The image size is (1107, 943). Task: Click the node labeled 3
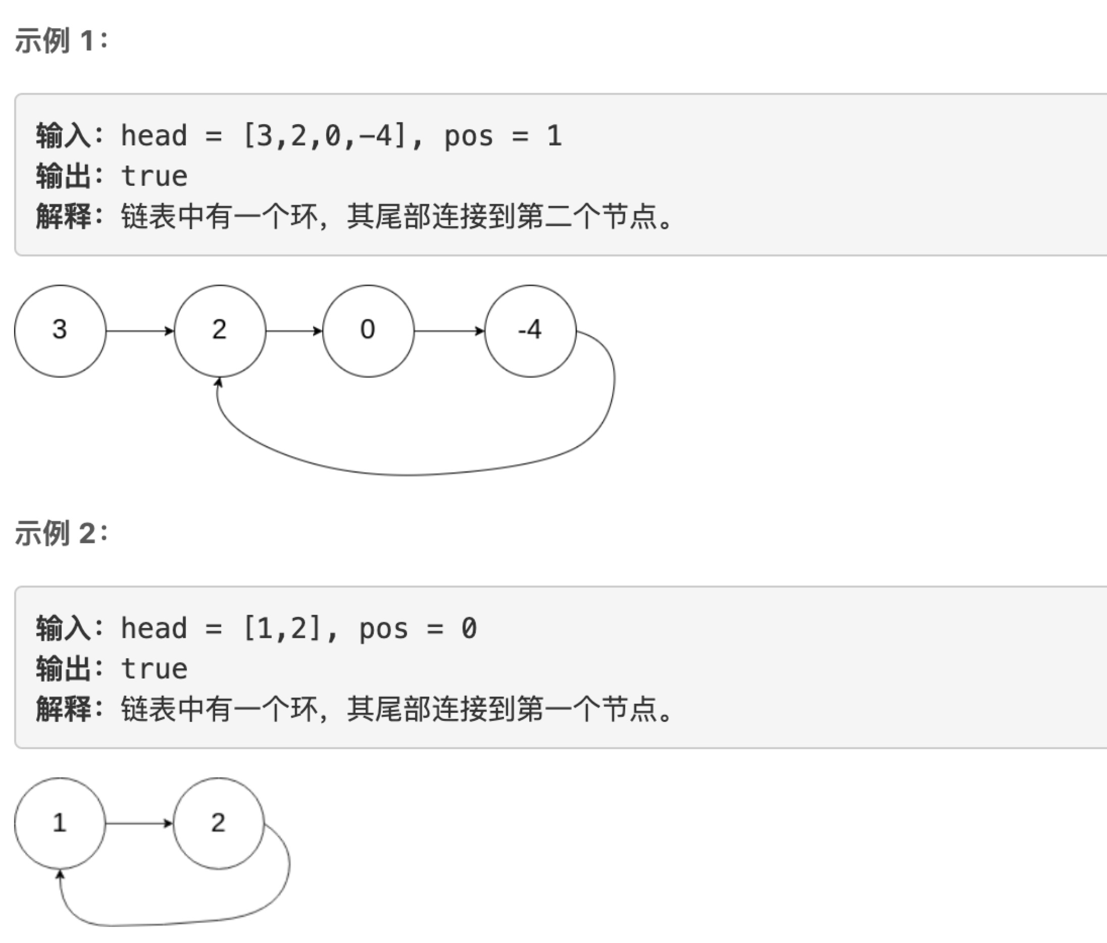click(60, 331)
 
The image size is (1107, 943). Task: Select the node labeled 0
click(368, 331)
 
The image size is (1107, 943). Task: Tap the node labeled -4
click(530, 331)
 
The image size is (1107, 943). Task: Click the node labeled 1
click(60, 823)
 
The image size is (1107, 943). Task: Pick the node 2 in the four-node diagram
click(220, 331)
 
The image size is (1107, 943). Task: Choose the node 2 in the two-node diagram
click(219, 823)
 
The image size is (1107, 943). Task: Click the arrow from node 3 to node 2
click(140, 331)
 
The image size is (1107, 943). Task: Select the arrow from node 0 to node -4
click(449, 331)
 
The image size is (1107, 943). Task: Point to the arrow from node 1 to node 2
click(139, 823)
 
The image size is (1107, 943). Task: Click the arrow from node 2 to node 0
click(294, 331)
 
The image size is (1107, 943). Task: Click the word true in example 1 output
click(155, 176)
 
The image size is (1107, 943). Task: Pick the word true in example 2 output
click(155, 669)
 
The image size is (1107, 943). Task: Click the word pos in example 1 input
click(469, 136)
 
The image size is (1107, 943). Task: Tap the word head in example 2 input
click(154, 628)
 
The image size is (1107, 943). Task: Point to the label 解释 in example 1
click(63, 216)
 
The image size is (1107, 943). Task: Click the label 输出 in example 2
click(63, 669)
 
